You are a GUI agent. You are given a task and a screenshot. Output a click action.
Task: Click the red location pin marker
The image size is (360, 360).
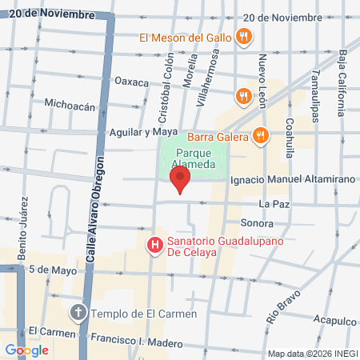(182, 180)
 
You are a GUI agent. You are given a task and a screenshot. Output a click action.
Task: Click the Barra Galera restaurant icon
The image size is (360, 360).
(259, 136)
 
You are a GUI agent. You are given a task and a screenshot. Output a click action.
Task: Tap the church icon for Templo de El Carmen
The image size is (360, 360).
(78, 313)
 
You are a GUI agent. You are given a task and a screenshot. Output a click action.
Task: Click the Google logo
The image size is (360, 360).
(26, 350)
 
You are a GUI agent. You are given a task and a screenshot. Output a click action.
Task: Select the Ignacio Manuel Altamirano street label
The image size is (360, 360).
(291, 180)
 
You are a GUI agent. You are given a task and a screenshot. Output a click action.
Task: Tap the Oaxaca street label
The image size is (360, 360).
(132, 82)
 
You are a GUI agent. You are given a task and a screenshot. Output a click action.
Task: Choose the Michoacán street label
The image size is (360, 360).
(70, 104)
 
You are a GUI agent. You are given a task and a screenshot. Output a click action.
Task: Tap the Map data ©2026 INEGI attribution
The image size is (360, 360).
(313, 354)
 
